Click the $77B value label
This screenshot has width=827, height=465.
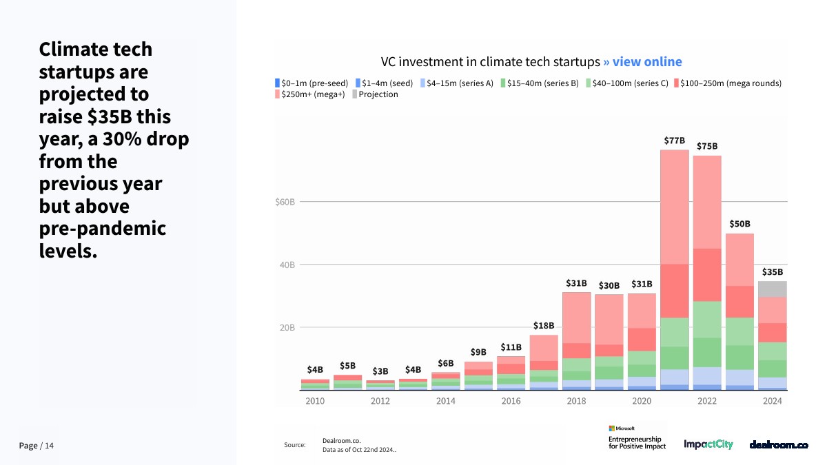pyautogui.click(x=674, y=141)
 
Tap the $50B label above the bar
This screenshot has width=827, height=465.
pyautogui.click(x=739, y=224)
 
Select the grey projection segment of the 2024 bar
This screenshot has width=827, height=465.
pyautogui.click(x=773, y=289)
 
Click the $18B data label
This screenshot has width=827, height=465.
pyautogui.click(x=544, y=325)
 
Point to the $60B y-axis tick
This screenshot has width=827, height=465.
pyautogui.click(x=285, y=202)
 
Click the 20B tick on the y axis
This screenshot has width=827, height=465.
pyautogui.click(x=287, y=328)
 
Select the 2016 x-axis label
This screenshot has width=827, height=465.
pyautogui.click(x=511, y=401)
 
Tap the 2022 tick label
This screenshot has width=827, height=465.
pyautogui.click(x=707, y=401)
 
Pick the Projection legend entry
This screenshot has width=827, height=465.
pyautogui.click(x=375, y=94)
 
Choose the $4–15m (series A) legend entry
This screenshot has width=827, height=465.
pyautogui.click(x=457, y=83)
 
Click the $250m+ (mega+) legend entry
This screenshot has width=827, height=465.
pyautogui.click(x=309, y=94)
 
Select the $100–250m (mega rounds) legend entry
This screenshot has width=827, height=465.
pyautogui.click(x=728, y=83)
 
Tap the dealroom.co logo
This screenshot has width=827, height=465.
pyautogui.click(x=779, y=445)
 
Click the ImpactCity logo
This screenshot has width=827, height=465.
pyautogui.click(x=708, y=444)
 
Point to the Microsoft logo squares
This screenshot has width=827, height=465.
pyautogui.click(x=611, y=428)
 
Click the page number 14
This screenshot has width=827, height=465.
pyautogui.click(x=49, y=446)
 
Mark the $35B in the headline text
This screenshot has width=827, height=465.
pyautogui.click(x=110, y=116)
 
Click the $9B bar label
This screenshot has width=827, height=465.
pyautogui.click(x=478, y=352)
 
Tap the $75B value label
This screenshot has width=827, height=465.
pyautogui.click(x=707, y=146)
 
